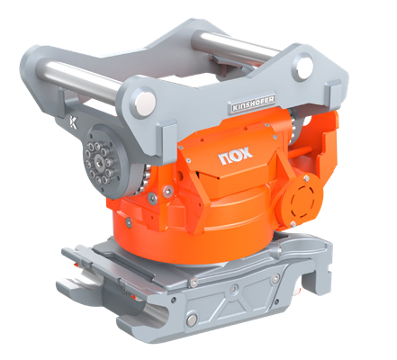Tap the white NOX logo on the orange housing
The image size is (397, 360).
[235, 156]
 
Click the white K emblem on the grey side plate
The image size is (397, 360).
[73, 122]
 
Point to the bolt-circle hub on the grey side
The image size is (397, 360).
[99, 163]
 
